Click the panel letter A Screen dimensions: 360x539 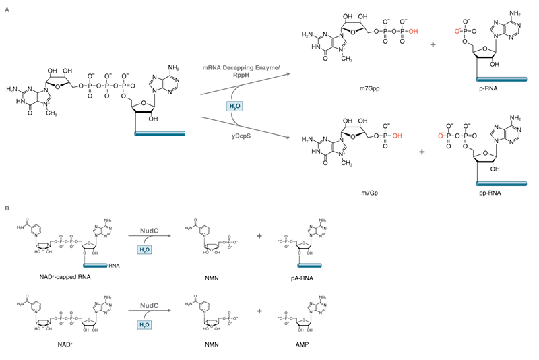pos(7,9)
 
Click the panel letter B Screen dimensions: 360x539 pos(7,208)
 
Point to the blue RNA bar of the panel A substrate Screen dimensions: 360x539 pos(160,133)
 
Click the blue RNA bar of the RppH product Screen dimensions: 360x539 pos(501,80)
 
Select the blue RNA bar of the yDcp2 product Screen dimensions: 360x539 pos(501,183)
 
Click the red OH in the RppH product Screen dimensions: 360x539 pos(413,31)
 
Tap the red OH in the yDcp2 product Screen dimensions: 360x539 pos(397,136)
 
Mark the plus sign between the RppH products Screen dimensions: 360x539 pos(433,44)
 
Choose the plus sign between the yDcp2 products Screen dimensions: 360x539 pos(422,152)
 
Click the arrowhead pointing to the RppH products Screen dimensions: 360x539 pos(288,73)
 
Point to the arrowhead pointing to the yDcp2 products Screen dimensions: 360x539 pos(288,138)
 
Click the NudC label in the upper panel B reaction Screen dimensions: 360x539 pos(149,230)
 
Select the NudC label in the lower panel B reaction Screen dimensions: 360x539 pos(149,305)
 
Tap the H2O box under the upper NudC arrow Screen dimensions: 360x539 pos(144,249)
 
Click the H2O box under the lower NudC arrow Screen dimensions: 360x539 pos(144,325)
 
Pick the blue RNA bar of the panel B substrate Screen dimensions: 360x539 pos(95,266)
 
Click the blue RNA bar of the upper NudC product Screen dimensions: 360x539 pos(309,266)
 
